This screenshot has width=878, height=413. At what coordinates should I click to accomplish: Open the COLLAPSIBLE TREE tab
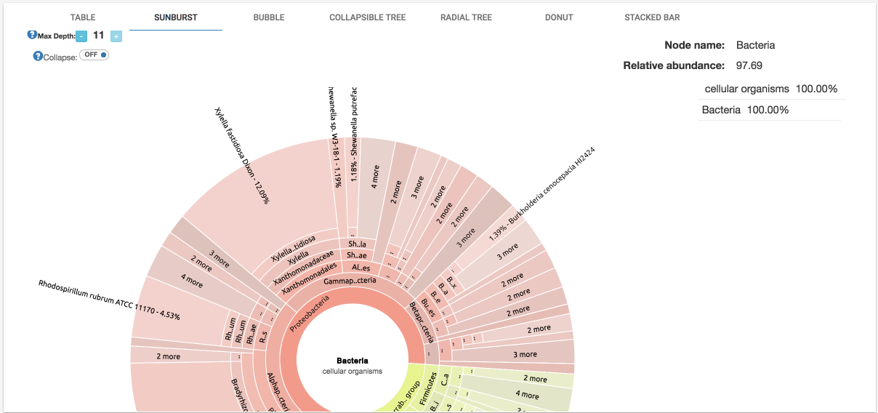click(x=367, y=17)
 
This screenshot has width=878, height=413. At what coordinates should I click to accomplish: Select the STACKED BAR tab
click(x=652, y=17)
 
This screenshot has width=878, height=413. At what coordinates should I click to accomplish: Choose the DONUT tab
click(x=559, y=17)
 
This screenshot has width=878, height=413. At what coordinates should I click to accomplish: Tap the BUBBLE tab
click(x=269, y=17)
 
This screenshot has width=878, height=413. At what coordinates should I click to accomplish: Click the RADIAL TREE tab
click(x=466, y=17)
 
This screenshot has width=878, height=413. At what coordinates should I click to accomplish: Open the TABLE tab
click(x=83, y=17)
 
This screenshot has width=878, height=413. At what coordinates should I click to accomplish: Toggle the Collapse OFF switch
click(x=94, y=55)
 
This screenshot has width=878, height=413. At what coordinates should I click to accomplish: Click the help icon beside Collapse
click(x=38, y=56)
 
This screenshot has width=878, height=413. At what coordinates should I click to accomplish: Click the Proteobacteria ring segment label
click(x=310, y=313)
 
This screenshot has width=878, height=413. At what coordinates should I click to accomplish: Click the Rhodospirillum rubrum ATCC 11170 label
click(x=109, y=299)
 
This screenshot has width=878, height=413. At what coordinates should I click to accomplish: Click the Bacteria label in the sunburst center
click(x=353, y=361)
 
